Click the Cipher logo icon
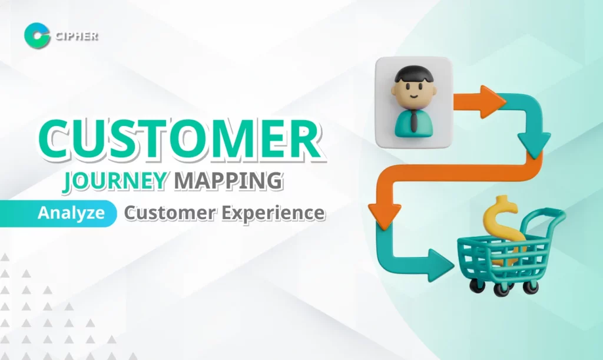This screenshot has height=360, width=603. pyautogui.click(x=37, y=35)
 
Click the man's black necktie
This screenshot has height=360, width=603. pyautogui.click(x=415, y=121)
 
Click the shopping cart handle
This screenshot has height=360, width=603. pyautogui.click(x=545, y=218)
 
